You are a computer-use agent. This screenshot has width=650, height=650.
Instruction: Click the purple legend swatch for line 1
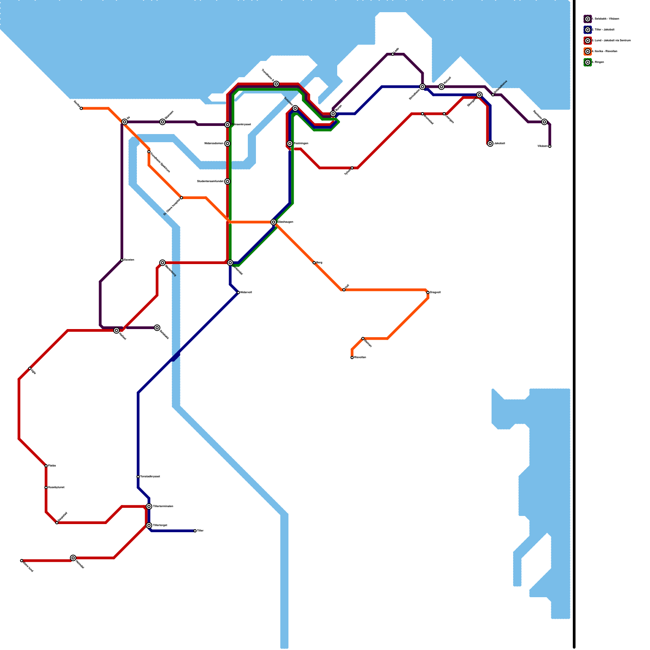coord(587,19)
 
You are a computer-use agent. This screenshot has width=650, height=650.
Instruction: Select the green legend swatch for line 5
coord(587,63)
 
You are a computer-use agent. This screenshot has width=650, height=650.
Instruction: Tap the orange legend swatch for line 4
coord(587,52)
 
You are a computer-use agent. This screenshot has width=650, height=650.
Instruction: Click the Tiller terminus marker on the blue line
coord(195,531)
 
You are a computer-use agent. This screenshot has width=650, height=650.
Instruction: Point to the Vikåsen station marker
coord(550,146)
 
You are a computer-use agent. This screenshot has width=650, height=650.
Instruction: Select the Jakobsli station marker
coord(490,143)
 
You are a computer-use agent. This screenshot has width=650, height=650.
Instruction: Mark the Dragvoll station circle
coord(428,292)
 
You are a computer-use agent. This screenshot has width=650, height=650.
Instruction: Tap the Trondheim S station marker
coord(276,84)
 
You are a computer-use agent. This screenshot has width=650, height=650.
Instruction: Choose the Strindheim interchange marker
coord(422,87)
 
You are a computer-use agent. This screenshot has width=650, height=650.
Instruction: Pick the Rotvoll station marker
coord(442,87)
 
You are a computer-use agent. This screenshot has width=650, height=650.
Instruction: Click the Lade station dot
coord(393,54)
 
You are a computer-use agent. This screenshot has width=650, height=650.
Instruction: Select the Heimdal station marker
coord(73,558)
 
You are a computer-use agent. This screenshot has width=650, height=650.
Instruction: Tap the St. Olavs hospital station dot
coord(181,198)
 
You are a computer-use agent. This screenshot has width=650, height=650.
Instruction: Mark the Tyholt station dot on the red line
coord(352,168)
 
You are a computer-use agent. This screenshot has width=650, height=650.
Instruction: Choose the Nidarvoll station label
coord(246,292)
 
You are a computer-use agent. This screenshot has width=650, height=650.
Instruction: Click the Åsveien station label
coord(129,260)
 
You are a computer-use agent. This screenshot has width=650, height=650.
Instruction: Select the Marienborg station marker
coord(162,263)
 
